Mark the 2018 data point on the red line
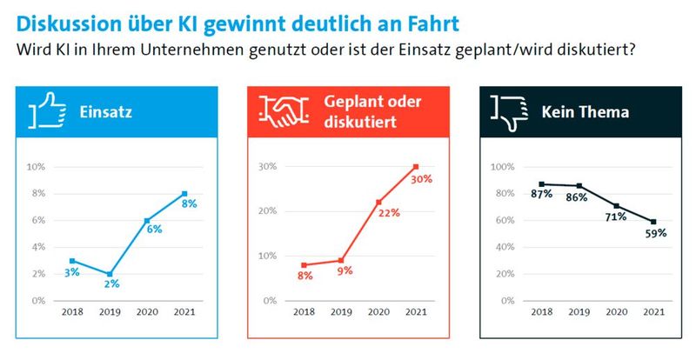coord(304,265)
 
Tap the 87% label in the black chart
coord(542,194)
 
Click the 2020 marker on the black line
coord(617,206)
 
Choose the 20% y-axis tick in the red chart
coord(268,211)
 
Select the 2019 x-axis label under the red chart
coord(341,312)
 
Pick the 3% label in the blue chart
coord(71,272)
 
